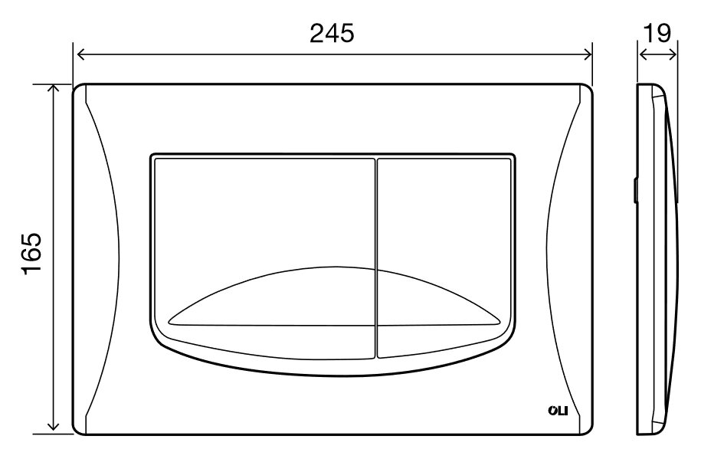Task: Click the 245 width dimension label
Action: click(332, 33)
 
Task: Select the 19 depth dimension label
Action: click(657, 33)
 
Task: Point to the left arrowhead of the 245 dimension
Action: click(81, 54)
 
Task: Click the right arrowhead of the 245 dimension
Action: click(588, 54)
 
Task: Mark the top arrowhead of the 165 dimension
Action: click(53, 90)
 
